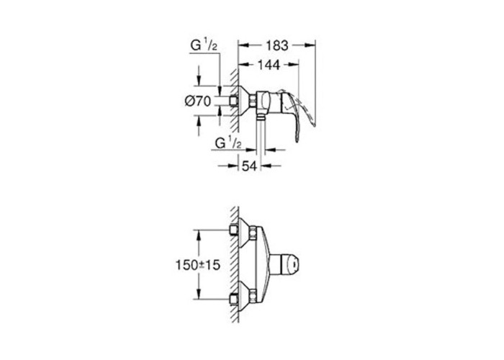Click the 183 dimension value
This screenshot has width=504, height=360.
point(277,45)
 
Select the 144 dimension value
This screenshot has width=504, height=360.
point(269,65)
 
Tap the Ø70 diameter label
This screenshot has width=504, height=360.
point(198,102)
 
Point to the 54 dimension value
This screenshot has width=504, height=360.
point(249,166)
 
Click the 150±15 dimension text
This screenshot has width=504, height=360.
point(198,265)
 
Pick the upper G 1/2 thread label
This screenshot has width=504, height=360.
point(204,45)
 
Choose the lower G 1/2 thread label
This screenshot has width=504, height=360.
point(228,143)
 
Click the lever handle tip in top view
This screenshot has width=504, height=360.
point(297,139)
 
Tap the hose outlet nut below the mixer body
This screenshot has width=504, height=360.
point(260,117)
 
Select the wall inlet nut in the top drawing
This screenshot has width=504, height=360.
point(234,101)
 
